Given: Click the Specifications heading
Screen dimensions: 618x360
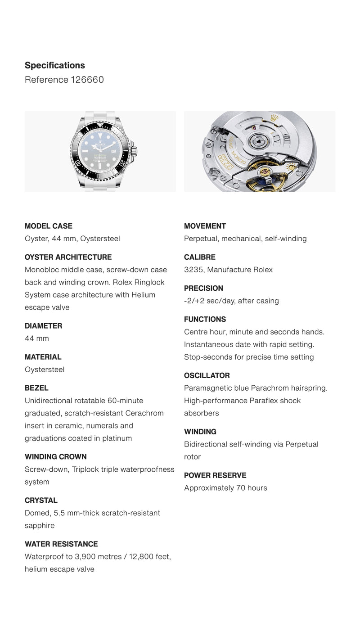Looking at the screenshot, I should click(x=55, y=65).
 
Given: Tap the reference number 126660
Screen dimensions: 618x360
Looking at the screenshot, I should click(x=87, y=80).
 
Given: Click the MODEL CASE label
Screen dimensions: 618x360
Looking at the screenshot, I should click(x=49, y=226).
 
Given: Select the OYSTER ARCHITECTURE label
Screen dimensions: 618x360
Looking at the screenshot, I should click(x=68, y=257).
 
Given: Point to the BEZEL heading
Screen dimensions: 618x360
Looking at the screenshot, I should click(x=36, y=388).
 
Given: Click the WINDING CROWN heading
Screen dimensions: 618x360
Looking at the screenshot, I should click(x=56, y=456).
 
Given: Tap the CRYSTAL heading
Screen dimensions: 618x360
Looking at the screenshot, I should click(x=41, y=500).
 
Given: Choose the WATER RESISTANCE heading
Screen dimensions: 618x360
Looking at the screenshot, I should click(x=61, y=544).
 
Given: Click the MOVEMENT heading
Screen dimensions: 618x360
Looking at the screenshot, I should click(x=205, y=226).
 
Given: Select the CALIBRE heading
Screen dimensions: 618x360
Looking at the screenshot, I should click(x=200, y=257).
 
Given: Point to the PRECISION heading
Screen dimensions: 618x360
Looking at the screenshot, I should click(x=203, y=288).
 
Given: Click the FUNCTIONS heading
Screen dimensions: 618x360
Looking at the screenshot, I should click(x=205, y=319).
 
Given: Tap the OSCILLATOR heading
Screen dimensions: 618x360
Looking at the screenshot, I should click(x=207, y=375).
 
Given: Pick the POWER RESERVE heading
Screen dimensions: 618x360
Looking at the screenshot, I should click(x=215, y=475).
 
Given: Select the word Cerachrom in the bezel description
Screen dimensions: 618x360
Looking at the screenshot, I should click(x=144, y=413).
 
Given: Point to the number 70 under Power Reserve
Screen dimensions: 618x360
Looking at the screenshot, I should click(x=241, y=488).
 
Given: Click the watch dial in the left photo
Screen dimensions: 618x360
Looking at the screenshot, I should click(x=100, y=152).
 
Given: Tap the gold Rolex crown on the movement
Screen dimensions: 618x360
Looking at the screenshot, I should click(x=273, y=118).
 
